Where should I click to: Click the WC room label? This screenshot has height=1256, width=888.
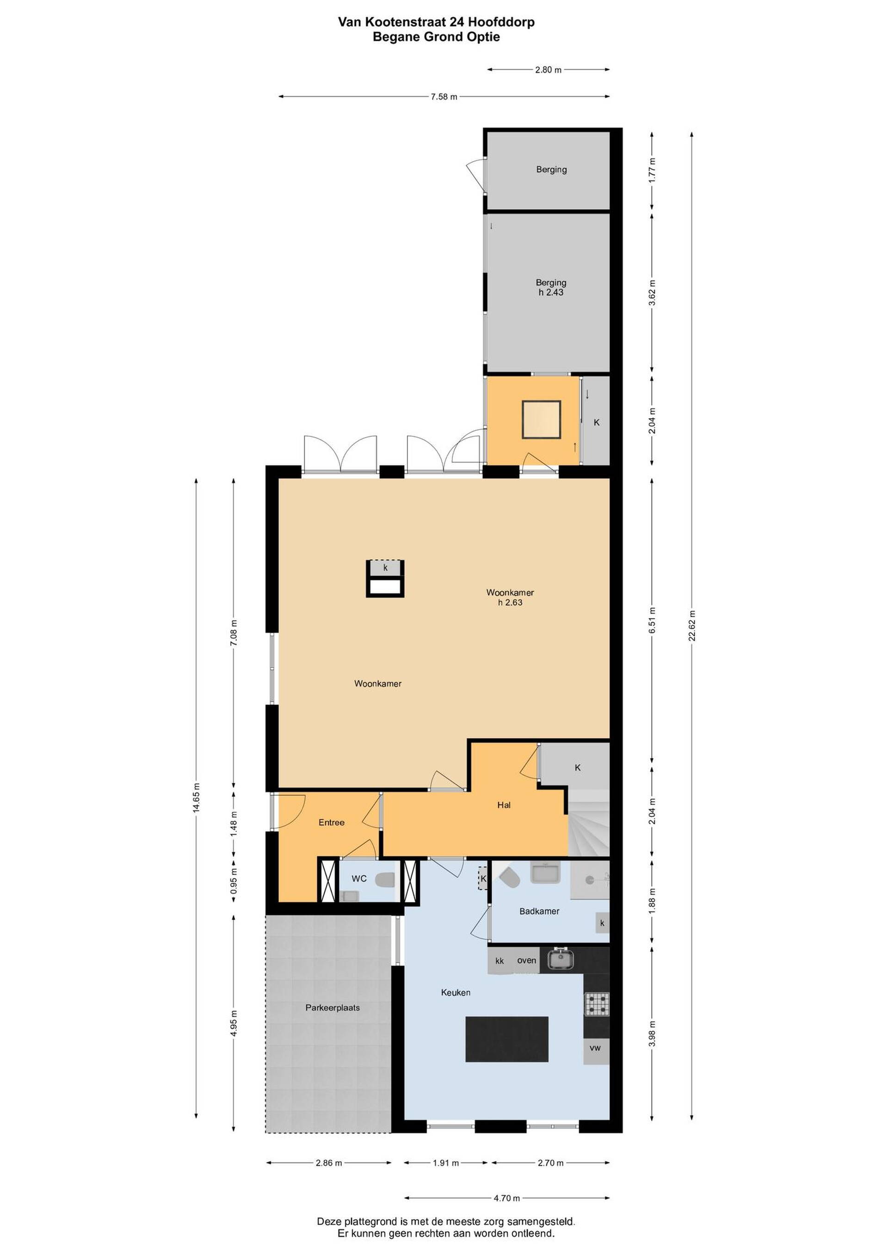[359, 879]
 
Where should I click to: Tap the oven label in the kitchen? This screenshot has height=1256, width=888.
[527, 960]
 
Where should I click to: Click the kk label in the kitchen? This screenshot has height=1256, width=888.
[499, 960]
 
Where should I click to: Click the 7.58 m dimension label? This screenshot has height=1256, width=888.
[444, 97]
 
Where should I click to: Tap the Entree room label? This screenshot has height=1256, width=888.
[331, 822]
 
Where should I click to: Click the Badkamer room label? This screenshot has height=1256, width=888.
[539, 911]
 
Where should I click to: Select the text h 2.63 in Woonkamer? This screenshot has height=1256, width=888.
[510, 602]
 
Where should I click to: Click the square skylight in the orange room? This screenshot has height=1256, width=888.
[541, 420]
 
